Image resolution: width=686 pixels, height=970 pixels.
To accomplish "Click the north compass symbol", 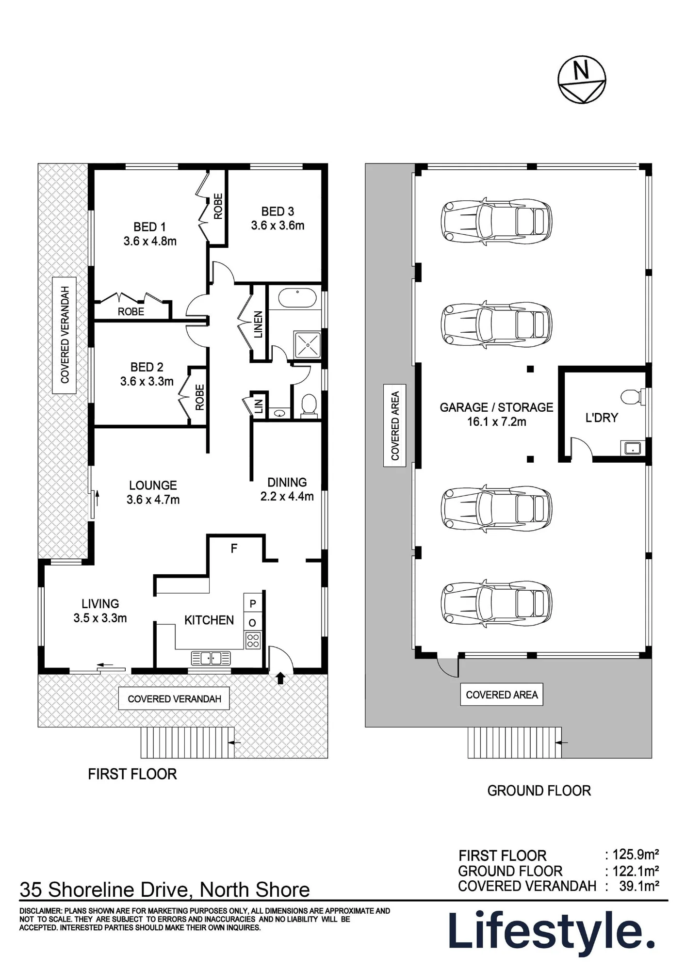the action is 582,80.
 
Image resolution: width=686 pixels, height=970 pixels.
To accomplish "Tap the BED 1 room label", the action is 149,226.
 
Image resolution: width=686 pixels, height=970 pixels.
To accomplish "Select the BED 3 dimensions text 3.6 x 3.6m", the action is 278,226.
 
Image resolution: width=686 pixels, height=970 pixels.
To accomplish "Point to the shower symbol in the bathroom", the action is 308,344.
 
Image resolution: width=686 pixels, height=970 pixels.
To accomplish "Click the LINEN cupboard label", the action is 258,324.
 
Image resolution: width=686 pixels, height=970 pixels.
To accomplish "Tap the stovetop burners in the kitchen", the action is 253,640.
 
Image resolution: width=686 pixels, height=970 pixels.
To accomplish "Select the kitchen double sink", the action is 211,658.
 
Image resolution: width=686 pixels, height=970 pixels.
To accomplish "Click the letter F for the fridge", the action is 234,549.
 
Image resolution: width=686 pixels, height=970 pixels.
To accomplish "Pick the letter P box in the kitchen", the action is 253,603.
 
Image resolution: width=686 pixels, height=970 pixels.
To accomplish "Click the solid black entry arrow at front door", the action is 280,678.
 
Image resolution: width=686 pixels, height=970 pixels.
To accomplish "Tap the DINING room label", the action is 287,483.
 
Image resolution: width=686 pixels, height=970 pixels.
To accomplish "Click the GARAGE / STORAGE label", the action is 496,407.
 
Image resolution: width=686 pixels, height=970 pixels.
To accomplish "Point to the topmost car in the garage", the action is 496,221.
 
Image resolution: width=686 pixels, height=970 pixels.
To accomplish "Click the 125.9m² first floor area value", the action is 635,854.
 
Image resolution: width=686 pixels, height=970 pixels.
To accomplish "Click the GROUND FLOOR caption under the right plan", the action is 539,791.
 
